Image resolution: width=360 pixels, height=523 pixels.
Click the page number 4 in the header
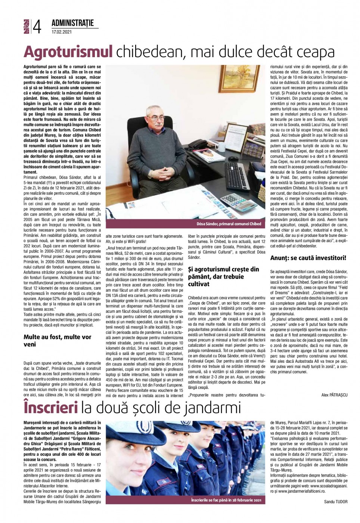(x=37, y=27)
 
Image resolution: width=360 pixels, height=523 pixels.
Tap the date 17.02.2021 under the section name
(x=62, y=32)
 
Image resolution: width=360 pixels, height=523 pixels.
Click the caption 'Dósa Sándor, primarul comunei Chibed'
(x=229, y=224)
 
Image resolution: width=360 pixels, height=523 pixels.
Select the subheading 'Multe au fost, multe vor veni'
(x=57, y=340)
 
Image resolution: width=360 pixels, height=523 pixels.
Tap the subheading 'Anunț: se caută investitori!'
(x=308, y=258)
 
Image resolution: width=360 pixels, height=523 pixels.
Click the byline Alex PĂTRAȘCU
(x=334, y=395)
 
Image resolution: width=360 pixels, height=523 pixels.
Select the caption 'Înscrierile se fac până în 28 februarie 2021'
(x=226, y=500)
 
